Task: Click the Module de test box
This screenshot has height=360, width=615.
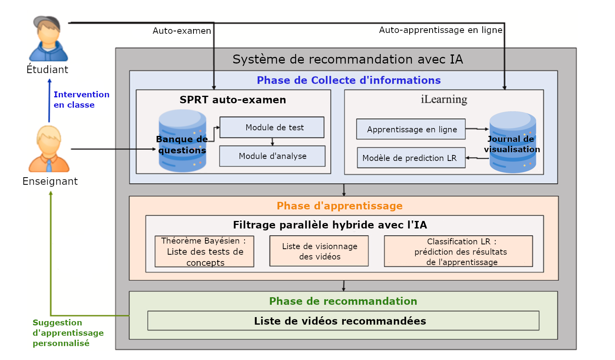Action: (272, 128)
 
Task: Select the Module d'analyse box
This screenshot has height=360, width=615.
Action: (272, 156)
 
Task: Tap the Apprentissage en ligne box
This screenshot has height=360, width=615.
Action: (411, 129)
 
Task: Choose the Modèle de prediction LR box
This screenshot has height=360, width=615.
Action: (411, 158)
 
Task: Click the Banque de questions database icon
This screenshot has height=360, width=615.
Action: (182, 141)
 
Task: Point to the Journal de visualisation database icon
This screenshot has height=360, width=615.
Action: (512, 142)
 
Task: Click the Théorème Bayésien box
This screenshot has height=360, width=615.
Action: (204, 252)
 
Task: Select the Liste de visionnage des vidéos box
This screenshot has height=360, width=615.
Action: (319, 251)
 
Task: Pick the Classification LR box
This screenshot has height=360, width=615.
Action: (458, 251)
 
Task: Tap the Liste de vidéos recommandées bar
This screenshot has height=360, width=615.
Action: (343, 321)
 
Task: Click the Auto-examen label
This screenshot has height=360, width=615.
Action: (182, 31)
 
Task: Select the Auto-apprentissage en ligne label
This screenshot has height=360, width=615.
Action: (441, 30)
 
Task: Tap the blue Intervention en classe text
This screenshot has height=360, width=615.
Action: (81, 100)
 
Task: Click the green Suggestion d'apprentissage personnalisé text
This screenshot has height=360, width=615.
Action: (68, 333)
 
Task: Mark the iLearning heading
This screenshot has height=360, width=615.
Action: (444, 99)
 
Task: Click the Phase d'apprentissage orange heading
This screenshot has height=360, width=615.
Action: (340, 206)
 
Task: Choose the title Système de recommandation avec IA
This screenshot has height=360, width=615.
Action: (348, 59)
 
